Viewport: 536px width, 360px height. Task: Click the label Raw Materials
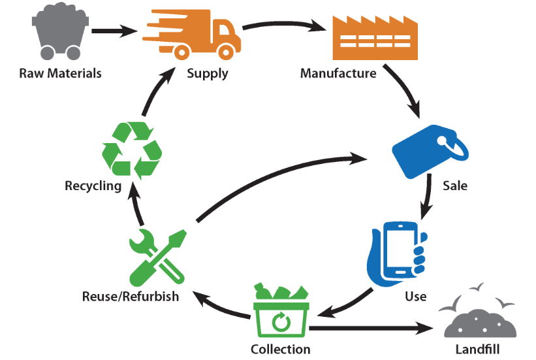[x=61, y=73]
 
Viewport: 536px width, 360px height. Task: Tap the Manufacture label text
[x=338, y=73]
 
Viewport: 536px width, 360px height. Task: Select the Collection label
[x=280, y=349]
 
